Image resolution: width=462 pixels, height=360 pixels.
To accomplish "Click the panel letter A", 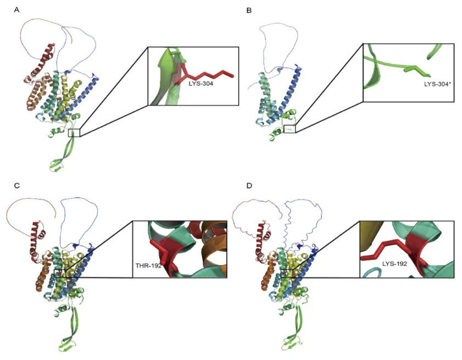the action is tap(17, 10).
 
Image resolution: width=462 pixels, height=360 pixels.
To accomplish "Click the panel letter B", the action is tap(249, 10).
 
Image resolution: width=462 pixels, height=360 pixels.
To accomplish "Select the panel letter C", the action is tap(17, 186).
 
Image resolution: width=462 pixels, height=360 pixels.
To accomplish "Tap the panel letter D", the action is tap(249, 186).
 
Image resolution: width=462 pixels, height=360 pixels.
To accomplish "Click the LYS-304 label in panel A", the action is tap(201, 84).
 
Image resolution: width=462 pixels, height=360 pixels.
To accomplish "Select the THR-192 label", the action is tap(148, 265).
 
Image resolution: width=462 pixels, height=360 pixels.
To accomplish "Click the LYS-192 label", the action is tap(394, 264).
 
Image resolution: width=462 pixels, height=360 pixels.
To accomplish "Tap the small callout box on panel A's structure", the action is tap(74, 132).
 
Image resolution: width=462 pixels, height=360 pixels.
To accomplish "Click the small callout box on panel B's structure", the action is tap(290, 129).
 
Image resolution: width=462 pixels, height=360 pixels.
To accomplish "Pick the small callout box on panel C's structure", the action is tap(60, 273).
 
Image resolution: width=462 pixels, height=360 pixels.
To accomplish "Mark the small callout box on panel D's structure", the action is tap(287, 273).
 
